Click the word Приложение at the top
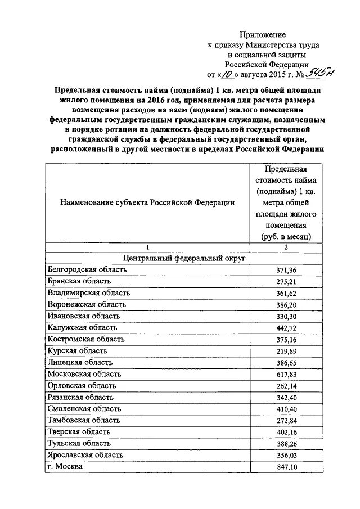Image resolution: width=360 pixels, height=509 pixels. coord(259,35)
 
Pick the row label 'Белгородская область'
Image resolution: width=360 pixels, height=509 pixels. coord(87,269)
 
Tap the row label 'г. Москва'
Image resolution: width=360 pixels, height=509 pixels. coord(65,466)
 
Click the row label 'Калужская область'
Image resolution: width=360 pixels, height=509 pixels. coord(82,327)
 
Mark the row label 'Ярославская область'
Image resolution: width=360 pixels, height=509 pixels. coord(85,454)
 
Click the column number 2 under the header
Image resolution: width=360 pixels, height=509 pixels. coord(286,247)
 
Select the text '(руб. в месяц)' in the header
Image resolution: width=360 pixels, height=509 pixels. coord(286,237)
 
